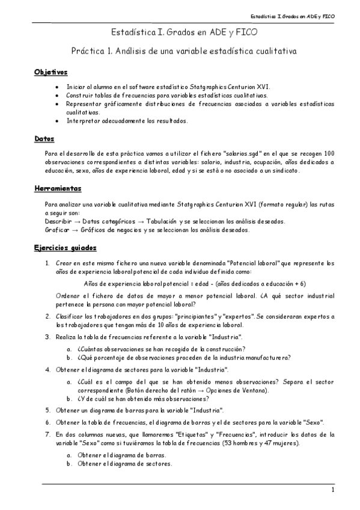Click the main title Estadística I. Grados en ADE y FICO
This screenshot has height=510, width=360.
point(180,32)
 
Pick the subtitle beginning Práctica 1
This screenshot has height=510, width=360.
point(180,52)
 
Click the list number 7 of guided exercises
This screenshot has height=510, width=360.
point(47,433)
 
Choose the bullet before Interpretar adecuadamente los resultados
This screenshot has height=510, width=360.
point(56,121)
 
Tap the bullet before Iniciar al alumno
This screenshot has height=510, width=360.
point(56,87)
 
